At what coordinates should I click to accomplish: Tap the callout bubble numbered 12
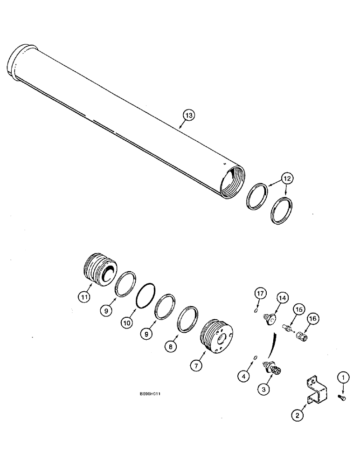(287, 179)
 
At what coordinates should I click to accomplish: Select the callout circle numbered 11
(84, 295)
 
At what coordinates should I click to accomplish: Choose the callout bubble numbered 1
(344, 376)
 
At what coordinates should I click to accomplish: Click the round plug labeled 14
(270, 319)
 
